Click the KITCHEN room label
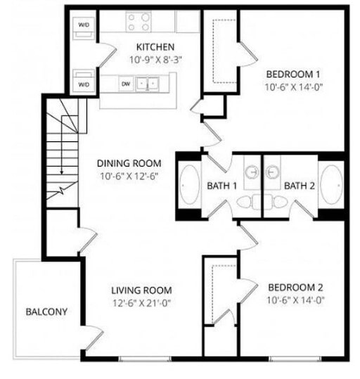(155, 47)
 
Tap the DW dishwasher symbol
(126, 84)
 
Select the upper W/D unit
(84, 28)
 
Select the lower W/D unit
(84, 81)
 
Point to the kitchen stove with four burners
(139, 23)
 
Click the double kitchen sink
(147, 84)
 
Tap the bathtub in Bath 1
(190, 186)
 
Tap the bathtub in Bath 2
(331, 186)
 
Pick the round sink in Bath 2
(272, 172)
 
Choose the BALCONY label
(46, 311)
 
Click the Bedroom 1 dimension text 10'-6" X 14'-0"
(294, 87)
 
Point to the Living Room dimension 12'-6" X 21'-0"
(141, 303)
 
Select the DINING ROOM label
(129, 164)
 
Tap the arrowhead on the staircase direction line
(62, 172)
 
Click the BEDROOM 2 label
(295, 288)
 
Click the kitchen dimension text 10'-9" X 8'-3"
(155, 60)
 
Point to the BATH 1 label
(221, 186)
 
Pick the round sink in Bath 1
(252, 172)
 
